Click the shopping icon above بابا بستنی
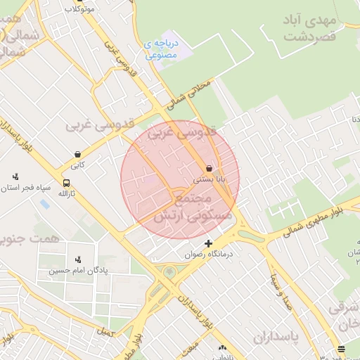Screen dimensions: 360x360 [x=210, y=169]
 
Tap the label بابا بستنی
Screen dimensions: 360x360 [x=209, y=180]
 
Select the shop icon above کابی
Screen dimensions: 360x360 [x=77, y=154]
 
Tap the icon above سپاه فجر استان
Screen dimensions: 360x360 [x=15, y=176]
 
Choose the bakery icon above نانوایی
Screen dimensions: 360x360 [x=223, y=348]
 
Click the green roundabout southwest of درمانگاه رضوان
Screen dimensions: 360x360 [x=169, y=272]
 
